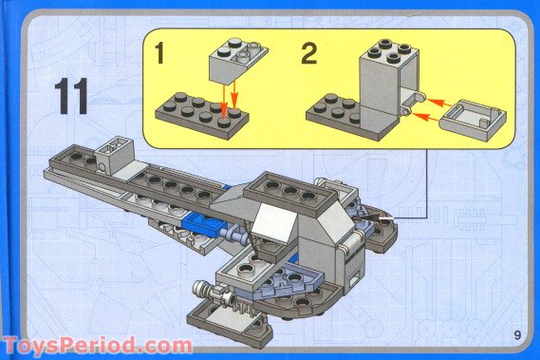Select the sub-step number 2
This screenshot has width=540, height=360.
[307, 53]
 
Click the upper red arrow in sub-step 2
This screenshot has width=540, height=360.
[433, 97]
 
